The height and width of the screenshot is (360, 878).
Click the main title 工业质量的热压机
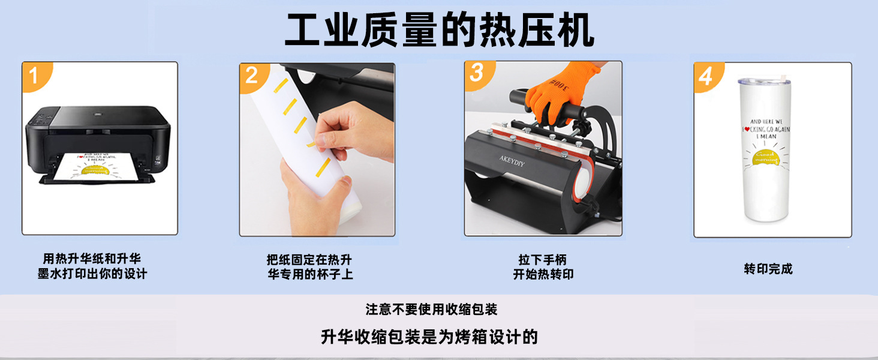[439, 30]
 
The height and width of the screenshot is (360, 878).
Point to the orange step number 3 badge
[477, 73]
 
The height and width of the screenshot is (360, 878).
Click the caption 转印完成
[768, 269]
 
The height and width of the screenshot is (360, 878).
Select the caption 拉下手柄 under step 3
[542, 260]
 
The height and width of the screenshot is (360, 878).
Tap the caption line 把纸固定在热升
[309, 260]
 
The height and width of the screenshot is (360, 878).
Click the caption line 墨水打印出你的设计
[92, 274]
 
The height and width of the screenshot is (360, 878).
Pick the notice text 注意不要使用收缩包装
[431, 310]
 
